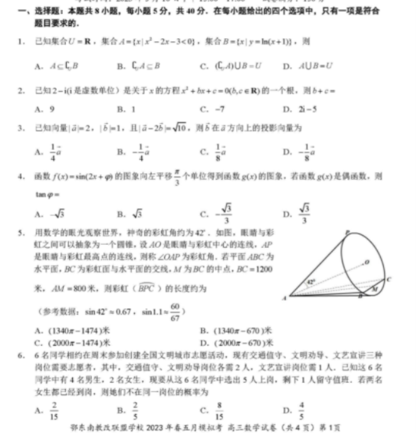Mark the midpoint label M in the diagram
tap(375, 289)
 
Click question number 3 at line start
tap(21, 127)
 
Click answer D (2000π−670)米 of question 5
tap(236, 343)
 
